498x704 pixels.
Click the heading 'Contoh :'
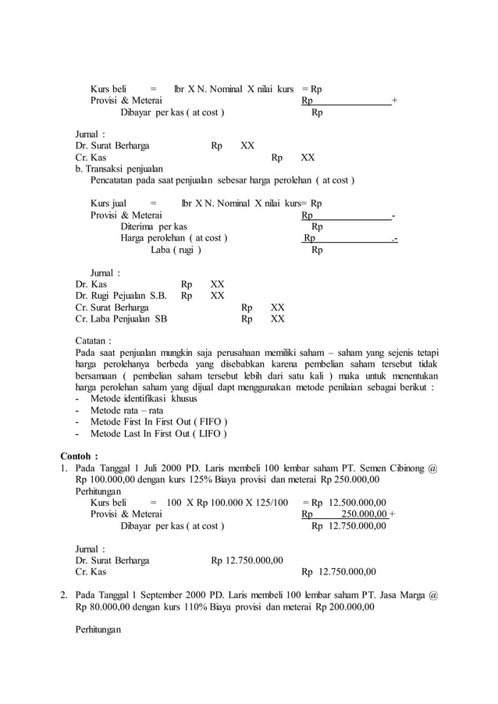tap(80, 456)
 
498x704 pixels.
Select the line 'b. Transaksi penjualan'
tap(119, 168)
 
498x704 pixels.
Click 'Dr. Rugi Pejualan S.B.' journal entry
tap(121, 296)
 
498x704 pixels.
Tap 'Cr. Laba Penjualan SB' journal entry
tap(121, 318)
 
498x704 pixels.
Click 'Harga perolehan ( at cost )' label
tap(174, 238)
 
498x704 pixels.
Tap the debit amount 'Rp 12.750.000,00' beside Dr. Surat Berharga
tap(247, 560)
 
